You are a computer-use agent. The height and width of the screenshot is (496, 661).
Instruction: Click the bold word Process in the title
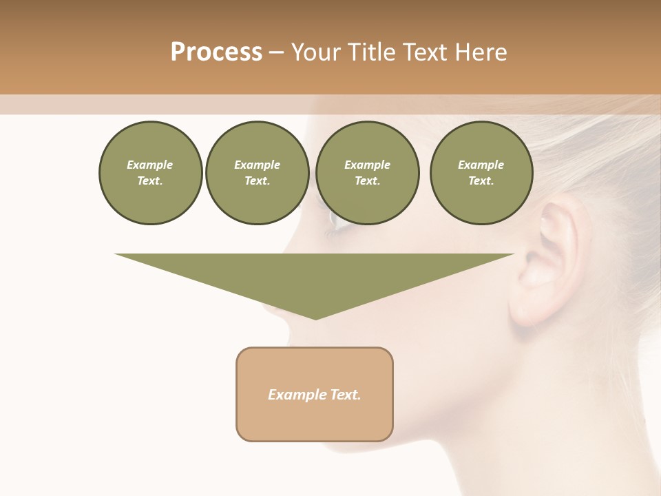coord(216,52)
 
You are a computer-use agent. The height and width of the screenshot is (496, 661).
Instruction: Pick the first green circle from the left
coord(150,173)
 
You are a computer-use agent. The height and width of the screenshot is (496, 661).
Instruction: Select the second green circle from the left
coord(257,173)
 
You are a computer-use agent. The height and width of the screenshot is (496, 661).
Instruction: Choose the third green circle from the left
coord(367,173)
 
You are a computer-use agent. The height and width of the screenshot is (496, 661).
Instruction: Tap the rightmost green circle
coord(481,173)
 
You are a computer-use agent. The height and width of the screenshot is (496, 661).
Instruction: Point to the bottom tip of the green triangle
coord(315,318)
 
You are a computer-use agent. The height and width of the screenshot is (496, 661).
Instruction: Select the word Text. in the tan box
coord(345,395)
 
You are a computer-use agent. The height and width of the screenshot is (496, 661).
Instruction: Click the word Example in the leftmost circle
coord(150,165)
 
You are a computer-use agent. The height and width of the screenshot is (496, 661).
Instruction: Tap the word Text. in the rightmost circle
coord(481,180)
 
